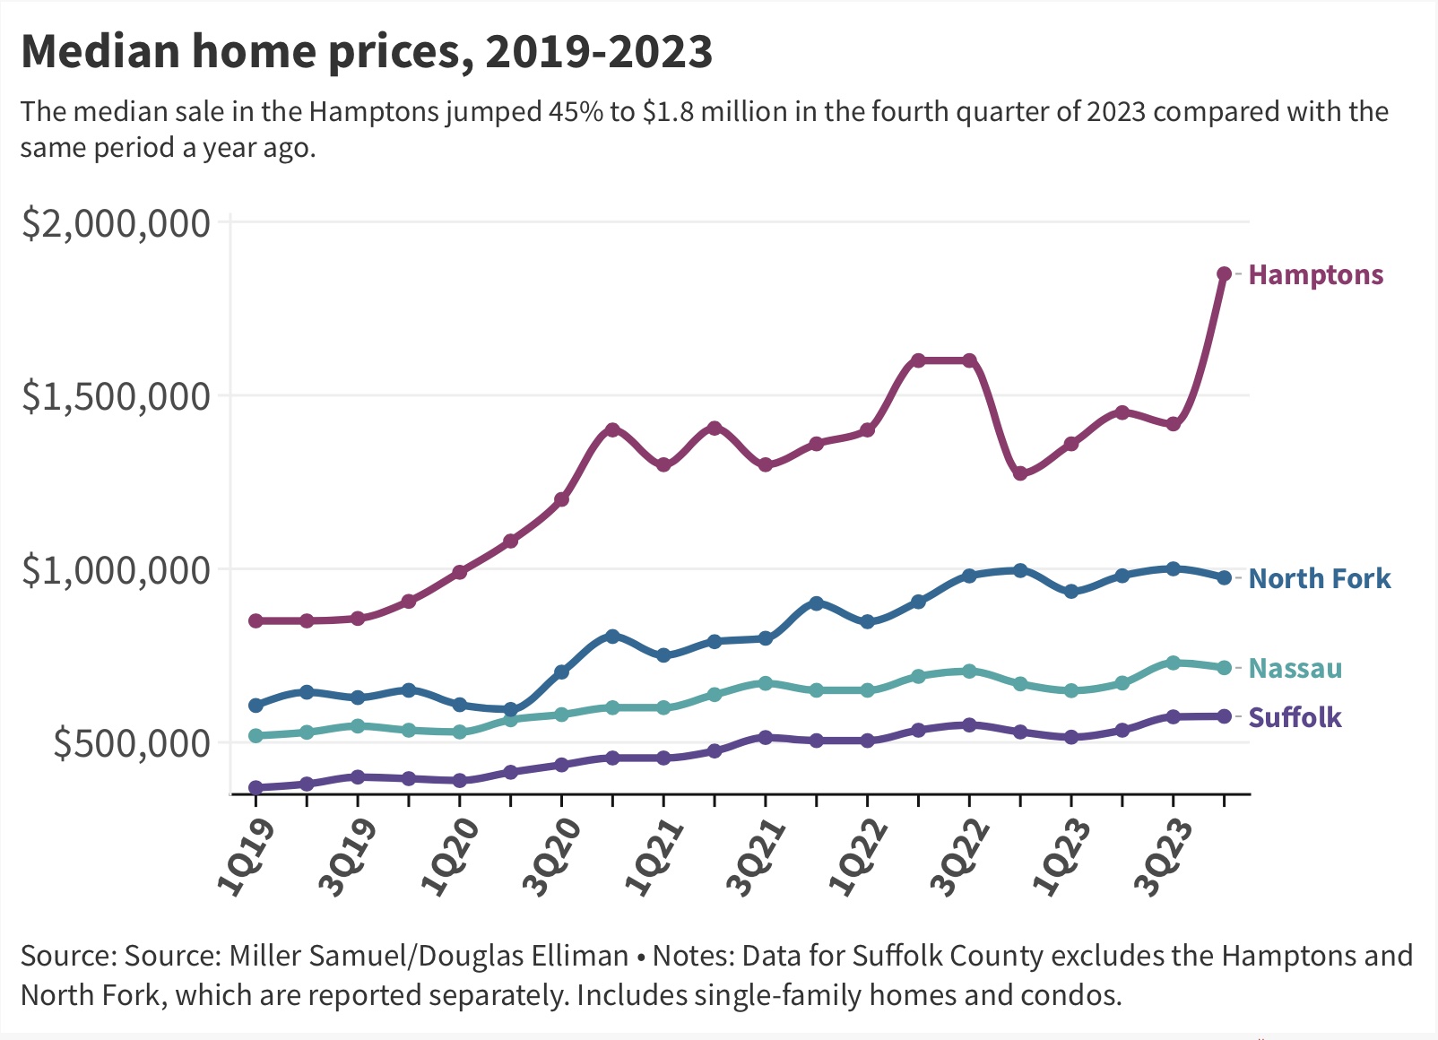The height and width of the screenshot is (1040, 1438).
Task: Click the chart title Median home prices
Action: pos(366,52)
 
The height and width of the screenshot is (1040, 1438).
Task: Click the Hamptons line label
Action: pos(1315,275)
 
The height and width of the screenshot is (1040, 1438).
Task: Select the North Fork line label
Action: pos(1319,579)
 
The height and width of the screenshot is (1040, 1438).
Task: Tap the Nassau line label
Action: pos(1295,669)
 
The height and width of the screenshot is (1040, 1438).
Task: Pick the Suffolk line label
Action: pos(1295,717)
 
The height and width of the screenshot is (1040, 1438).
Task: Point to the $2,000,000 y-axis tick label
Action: pos(117,223)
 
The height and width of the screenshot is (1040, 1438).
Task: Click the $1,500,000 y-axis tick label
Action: pos(117,396)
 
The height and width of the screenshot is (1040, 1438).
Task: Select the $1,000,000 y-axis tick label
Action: pos(117,570)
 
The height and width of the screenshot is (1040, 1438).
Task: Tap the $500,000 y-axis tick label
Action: pos(132,743)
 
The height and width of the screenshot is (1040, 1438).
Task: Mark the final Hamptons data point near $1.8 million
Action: pos(1224,273)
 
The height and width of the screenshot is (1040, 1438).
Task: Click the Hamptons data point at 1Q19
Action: pos(256,620)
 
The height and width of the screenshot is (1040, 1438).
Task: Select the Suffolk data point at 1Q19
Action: pos(256,787)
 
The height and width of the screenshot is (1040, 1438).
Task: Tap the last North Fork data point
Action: pos(1224,577)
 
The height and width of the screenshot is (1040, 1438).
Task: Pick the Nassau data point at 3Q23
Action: pos(1173,663)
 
